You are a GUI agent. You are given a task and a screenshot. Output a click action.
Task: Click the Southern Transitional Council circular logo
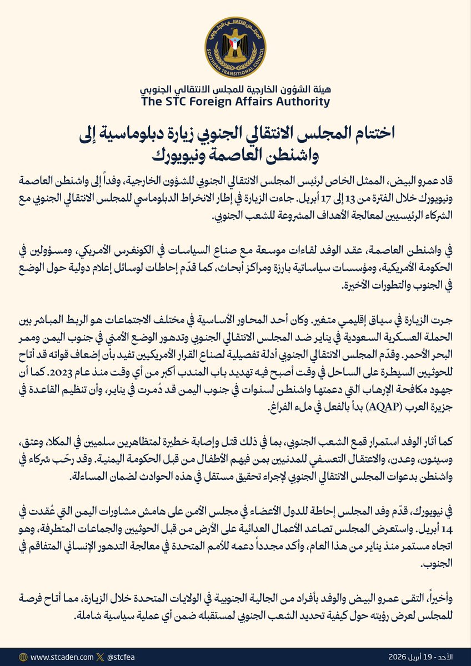coord(235,47)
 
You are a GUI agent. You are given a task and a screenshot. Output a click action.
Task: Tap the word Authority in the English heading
coord(302,101)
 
